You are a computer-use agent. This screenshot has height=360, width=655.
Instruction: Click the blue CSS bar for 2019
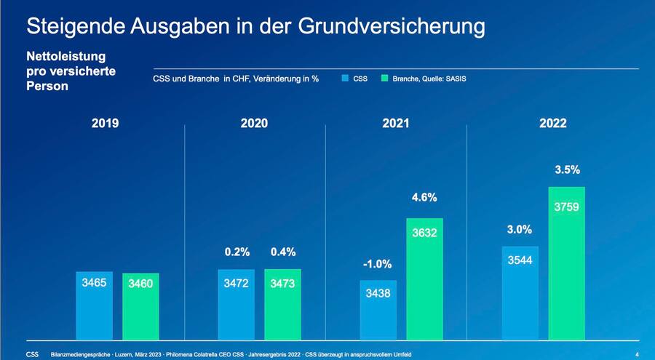(95, 305)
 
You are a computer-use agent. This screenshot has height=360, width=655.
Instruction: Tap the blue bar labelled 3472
(236, 304)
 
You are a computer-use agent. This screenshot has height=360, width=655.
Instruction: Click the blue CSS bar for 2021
(378, 309)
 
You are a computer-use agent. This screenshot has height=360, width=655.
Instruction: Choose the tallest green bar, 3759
(566, 262)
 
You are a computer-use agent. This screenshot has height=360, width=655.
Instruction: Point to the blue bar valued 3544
(519, 292)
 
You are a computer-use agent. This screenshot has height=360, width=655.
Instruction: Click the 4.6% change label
(424, 197)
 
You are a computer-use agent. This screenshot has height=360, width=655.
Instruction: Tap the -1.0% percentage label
(378, 264)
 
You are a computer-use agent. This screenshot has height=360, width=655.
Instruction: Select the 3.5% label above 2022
(566, 170)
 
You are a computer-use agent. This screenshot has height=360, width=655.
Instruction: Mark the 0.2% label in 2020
(236, 252)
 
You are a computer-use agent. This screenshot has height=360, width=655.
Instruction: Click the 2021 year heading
(395, 124)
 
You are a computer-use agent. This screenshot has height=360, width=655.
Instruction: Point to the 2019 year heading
(105, 124)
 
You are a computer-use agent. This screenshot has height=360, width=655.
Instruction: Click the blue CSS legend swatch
(345, 79)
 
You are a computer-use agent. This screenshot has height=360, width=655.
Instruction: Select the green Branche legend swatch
(386, 79)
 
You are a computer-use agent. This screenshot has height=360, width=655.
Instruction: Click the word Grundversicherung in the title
(392, 27)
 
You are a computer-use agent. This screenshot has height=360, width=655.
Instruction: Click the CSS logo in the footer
(33, 354)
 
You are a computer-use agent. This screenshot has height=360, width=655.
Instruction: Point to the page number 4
(637, 354)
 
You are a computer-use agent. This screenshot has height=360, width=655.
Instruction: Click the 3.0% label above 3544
(519, 229)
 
